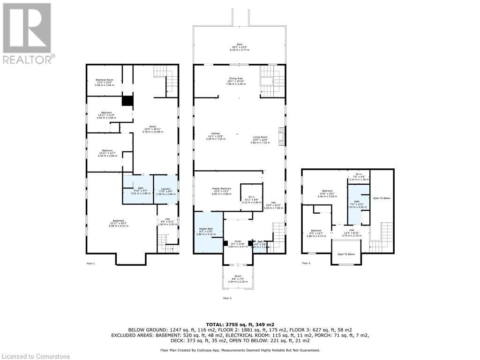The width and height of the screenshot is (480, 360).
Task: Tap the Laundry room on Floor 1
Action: (165, 189)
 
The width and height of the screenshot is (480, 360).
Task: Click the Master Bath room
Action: (208, 232)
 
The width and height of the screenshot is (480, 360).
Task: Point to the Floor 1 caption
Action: (90, 264)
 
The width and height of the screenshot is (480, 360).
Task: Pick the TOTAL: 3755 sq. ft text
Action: (240, 324)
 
